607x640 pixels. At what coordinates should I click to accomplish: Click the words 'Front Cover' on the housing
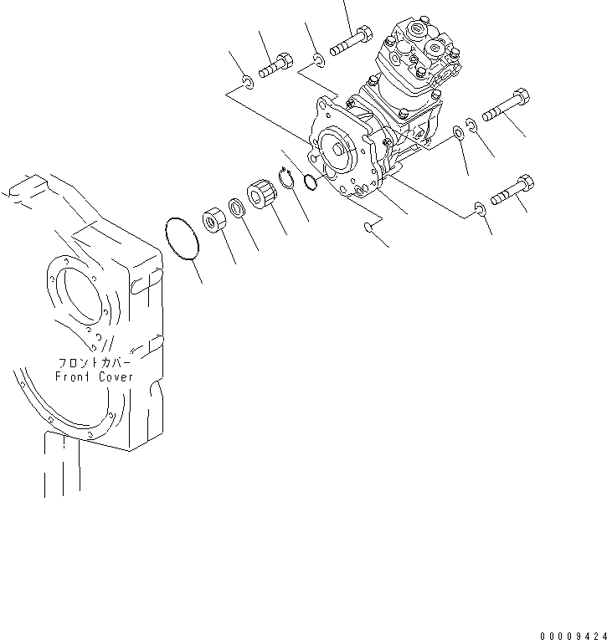(94, 376)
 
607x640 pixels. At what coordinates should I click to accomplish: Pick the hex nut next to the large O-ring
(214, 223)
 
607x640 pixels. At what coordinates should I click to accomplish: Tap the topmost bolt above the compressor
(352, 42)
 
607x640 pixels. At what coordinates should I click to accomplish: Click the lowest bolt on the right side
(510, 192)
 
